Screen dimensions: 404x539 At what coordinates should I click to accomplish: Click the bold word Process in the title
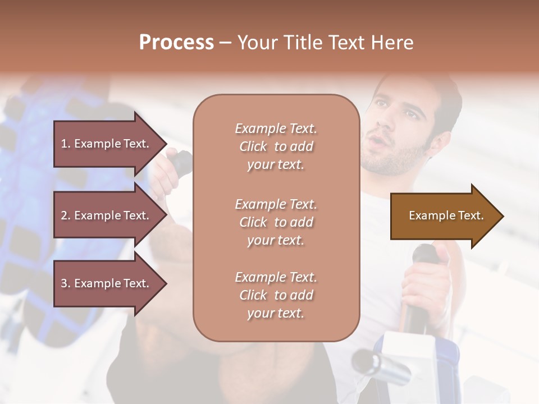(176, 43)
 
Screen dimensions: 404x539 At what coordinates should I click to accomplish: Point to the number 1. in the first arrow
(66, 144)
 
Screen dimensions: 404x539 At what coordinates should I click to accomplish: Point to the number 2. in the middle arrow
(66, 215)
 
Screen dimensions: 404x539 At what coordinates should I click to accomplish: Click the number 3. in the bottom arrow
(66, 283)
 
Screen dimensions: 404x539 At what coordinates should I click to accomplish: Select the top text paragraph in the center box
(276, 146)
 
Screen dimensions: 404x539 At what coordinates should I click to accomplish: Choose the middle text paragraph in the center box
(276, 222)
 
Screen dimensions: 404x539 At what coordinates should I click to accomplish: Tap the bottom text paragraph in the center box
(276, 295)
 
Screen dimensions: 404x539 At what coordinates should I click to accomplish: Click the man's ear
(443, 140)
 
